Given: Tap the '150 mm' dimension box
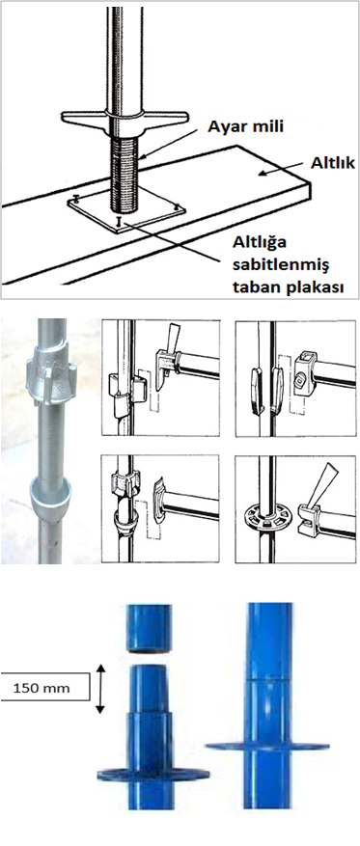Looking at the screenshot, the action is [x=44, y=688].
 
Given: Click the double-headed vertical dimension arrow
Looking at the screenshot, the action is [x=99, y=689].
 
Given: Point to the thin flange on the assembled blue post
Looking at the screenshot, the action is [x=267, y=747].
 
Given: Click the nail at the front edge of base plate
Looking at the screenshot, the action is [x=119, y=221].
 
